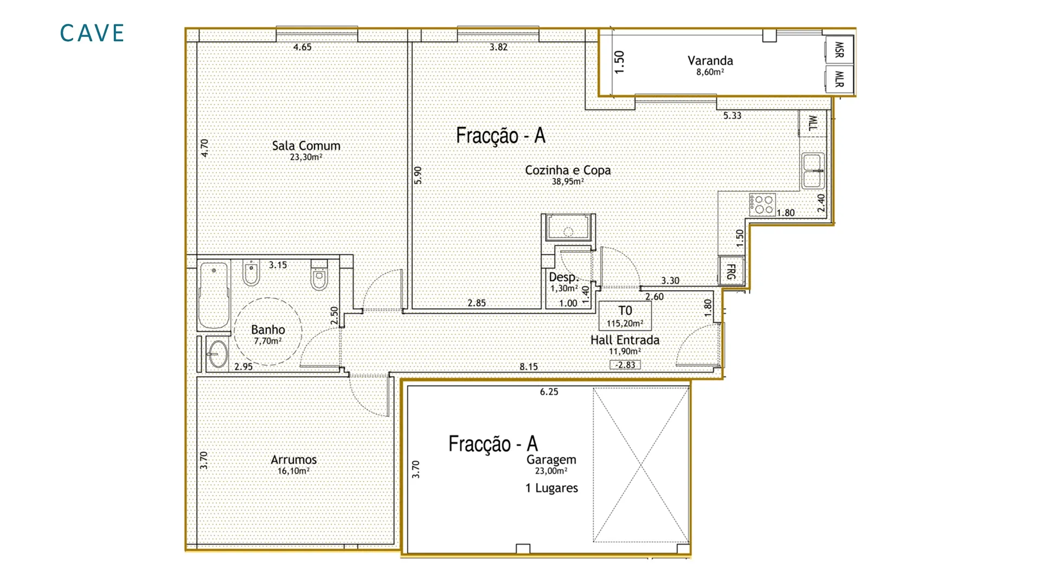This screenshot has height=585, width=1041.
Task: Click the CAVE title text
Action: (x=92, y=33)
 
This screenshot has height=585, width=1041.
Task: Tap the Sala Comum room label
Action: (x=306, y=146)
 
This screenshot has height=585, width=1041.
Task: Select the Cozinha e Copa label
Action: (x=568, y=170)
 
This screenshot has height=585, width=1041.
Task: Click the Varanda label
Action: (x=710, y=61)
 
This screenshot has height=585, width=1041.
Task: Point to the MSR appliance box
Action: (x=839, y=49)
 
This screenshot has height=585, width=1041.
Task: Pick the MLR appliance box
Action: (x=839, y=79)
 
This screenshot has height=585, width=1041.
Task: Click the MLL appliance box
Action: (x=813, y=123)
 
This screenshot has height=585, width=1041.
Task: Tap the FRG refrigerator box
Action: (x=731, y=271)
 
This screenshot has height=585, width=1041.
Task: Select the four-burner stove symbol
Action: (x=762, y=205)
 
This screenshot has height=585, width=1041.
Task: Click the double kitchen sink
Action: (x=813, y=171)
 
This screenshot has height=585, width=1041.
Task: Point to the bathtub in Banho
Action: (x=214, y=296)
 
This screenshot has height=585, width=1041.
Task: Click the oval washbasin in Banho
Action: (x=217, y=354)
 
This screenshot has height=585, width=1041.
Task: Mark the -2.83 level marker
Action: (x=625, y=365)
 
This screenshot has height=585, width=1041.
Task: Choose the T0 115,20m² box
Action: (x=625, y=316)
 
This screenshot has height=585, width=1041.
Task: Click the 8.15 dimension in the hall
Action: (x=529, y=367)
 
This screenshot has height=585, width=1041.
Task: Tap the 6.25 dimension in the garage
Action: (x=549, y=392)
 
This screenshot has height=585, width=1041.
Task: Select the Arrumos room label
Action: (x=294, y=459)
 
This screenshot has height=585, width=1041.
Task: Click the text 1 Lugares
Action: (x=551, y=488)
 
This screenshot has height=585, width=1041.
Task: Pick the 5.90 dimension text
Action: (x=417, y=175)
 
